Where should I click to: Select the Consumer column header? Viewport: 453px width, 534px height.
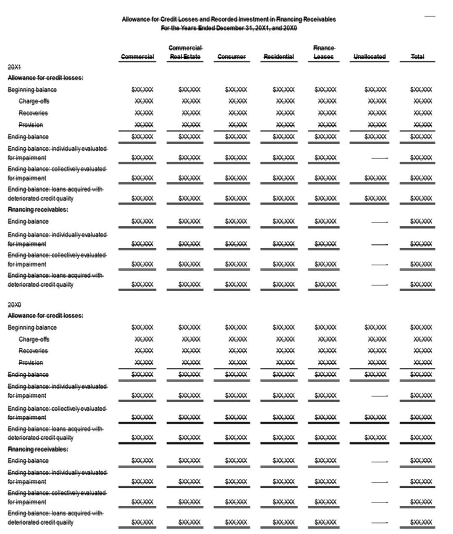[232, 56]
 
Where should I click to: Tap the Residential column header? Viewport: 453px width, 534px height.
[279, 56]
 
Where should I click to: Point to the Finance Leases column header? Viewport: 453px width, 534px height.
[324, 52]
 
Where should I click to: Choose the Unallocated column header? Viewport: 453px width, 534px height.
[369, 56]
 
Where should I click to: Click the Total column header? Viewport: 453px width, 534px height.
[417, 56]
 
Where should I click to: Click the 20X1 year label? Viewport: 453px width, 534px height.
[14, 67]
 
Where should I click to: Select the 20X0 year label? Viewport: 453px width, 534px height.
[14, 305]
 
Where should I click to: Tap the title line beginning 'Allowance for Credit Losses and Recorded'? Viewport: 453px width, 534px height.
[229, 19]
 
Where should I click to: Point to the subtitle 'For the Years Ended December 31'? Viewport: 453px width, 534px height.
[229, 28]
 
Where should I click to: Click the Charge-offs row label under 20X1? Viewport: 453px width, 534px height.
[34, 101]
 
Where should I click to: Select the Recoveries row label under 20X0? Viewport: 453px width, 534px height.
[33, 351]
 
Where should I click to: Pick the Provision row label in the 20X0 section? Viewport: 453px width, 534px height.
[31, 363]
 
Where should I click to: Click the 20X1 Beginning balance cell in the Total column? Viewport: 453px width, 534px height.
[421, 90]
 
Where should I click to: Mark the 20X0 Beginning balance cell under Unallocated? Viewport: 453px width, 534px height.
[375, 327]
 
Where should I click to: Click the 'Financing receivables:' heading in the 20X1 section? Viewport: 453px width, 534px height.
[38, 210]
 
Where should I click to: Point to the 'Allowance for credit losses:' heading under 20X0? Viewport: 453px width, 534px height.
[45, 316]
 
